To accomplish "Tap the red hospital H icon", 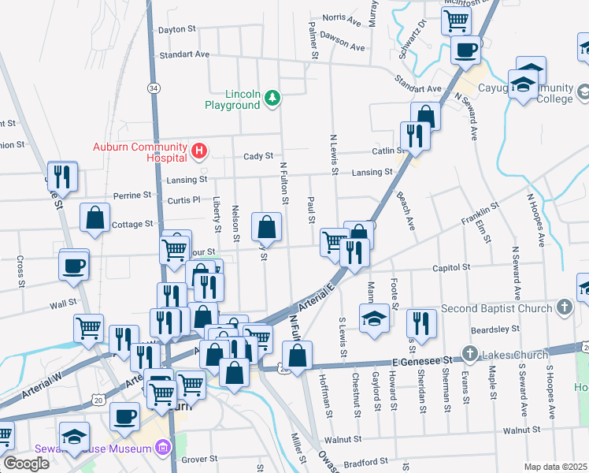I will pos(200,149).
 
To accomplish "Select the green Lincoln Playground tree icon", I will pos(272,97).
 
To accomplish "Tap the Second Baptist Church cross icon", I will pos(564,307).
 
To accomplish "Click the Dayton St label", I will pos(177,29).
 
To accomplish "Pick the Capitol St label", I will pos(451,267).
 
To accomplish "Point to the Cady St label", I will pos(257,156).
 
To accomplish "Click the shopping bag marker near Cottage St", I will pos(94,219).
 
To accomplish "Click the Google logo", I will pos(26,464).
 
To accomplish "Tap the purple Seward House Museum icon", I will pos(164,449).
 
